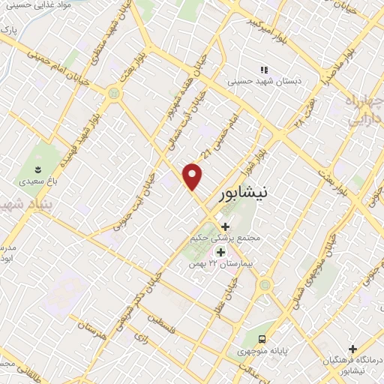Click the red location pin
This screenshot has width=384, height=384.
193,175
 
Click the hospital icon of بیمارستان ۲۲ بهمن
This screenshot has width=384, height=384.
220,251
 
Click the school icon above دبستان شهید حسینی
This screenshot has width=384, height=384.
263,69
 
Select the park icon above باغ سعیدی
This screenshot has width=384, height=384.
37,167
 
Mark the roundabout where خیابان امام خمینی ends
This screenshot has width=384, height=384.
114,93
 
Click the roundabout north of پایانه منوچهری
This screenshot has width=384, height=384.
263,285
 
